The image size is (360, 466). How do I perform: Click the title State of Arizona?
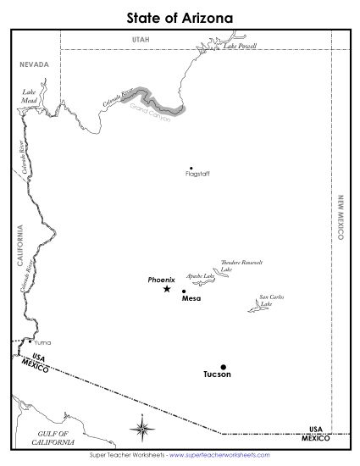click(180, 16)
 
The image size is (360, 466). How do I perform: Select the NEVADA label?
click(35, 64)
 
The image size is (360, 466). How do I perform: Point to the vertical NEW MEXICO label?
click(341, 219)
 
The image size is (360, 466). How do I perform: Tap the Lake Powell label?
click(240, 47)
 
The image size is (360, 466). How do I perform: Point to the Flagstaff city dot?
click(191, 167)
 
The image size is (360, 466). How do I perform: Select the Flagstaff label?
click(197, 175)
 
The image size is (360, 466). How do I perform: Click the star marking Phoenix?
click(166, 290)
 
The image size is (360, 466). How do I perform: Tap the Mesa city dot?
click(184, 291)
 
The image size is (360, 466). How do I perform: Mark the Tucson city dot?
click(224, 367)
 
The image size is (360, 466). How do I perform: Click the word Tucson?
click(217, 374)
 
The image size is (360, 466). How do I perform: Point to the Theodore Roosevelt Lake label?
click(241, 265)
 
